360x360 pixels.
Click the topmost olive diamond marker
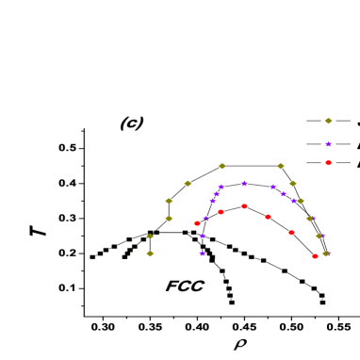pos(328,121)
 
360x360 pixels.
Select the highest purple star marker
pos(328,144)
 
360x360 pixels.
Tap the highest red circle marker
pos(328,162)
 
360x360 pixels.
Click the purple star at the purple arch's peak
pos(244,183)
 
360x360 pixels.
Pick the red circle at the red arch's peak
pos(244,205)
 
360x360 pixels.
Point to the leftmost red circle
pos(197,223)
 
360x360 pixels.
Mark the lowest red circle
pos(315,255)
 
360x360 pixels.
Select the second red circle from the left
pos(221,212)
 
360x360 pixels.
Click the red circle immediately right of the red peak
pos(268,217)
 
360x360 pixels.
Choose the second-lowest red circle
pos(291,232)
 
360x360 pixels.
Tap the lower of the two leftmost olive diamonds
pos(150,254)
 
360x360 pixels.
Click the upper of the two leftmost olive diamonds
pos(150,237)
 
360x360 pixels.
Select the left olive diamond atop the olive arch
pos(221,166)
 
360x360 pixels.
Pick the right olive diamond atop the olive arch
pos(280,166)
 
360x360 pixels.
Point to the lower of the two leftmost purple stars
pos(202,253)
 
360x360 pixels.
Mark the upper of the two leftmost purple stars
pos(202,236)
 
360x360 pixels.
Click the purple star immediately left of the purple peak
pos(221,188)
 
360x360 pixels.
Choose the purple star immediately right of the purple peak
pos(273,187)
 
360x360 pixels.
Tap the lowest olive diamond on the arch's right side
pos(325,254)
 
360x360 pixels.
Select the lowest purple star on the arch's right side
pos(328,253)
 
